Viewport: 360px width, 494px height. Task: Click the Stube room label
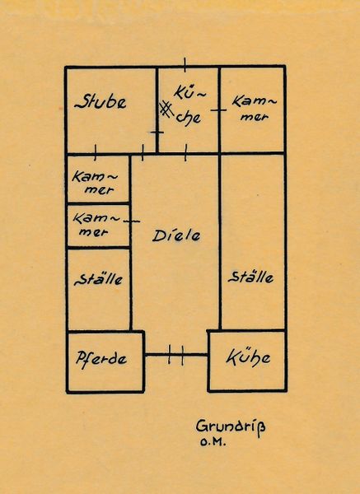[101, 101]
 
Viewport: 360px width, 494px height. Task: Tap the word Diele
[176, 235]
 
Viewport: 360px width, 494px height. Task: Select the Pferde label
[101, 359]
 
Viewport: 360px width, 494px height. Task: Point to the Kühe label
[248, 357]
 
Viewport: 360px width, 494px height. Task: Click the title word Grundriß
[231, 427]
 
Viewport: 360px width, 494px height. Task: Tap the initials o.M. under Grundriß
[213, 442]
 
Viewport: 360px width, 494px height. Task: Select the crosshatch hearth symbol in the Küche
[166, 109]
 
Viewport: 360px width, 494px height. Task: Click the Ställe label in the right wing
[250, 277]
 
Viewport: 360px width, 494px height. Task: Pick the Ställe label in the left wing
[98, 279]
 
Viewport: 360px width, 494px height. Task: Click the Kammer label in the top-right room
[255, 109]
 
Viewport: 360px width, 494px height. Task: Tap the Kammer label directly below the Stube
[95, 183]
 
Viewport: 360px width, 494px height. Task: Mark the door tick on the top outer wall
[185, 65]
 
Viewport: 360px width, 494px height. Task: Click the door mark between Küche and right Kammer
[218, 110]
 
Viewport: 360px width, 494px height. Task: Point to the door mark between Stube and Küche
[157, 133]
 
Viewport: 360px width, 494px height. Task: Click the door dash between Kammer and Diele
[132, 221]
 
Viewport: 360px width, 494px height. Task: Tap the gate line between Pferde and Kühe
[176, 355]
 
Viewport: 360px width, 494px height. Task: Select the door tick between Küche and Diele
[185, 153]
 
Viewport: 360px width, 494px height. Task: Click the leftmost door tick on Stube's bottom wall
[96, 152]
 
